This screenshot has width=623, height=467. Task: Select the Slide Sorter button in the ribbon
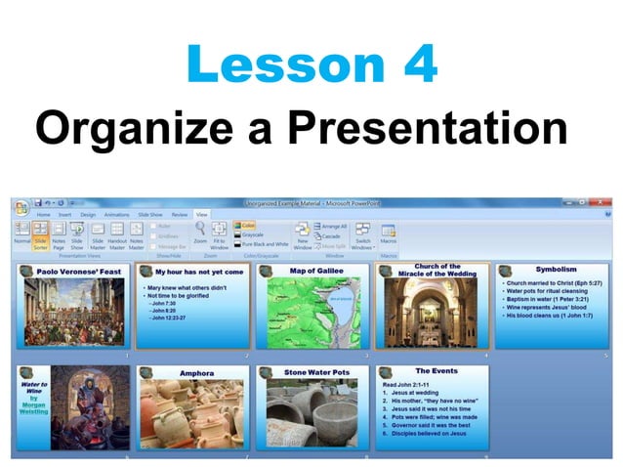click(41, 235)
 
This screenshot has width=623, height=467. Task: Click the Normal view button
click(21, 235)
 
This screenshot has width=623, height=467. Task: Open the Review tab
click(180, 213)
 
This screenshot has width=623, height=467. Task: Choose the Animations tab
click(117, 213)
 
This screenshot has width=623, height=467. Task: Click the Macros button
click(389, 234)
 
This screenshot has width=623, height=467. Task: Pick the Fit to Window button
click(220, 235)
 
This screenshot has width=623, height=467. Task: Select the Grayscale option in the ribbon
click(253, 234)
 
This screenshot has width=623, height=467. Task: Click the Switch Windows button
click(362, 235)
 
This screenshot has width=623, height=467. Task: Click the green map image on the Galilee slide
click(315, 313)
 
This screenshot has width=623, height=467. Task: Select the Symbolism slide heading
click(556, 268)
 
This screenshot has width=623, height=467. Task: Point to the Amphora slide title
click(196, 373)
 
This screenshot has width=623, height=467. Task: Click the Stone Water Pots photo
click(315, 416)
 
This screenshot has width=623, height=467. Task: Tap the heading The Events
click(436, 371)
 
